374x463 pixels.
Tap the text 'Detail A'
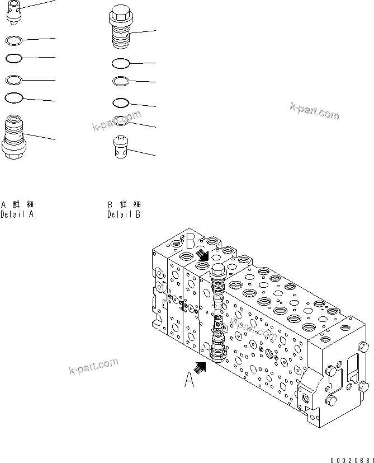tap(17, 214)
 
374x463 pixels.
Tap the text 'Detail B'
tap(124, 214)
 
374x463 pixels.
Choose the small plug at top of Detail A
tap(14, 12)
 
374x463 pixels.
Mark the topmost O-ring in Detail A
tap(13, 40)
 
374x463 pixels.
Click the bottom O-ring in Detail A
tap(13, 97)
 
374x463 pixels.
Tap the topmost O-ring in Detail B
tap(121, 63)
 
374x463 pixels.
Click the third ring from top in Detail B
tap(121, 102)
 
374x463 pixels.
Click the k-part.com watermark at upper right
tap(314, 110)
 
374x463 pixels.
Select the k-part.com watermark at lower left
tap(93, 366)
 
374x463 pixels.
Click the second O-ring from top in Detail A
tap(13, 58)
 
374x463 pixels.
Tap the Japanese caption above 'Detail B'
tap(124, 204)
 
